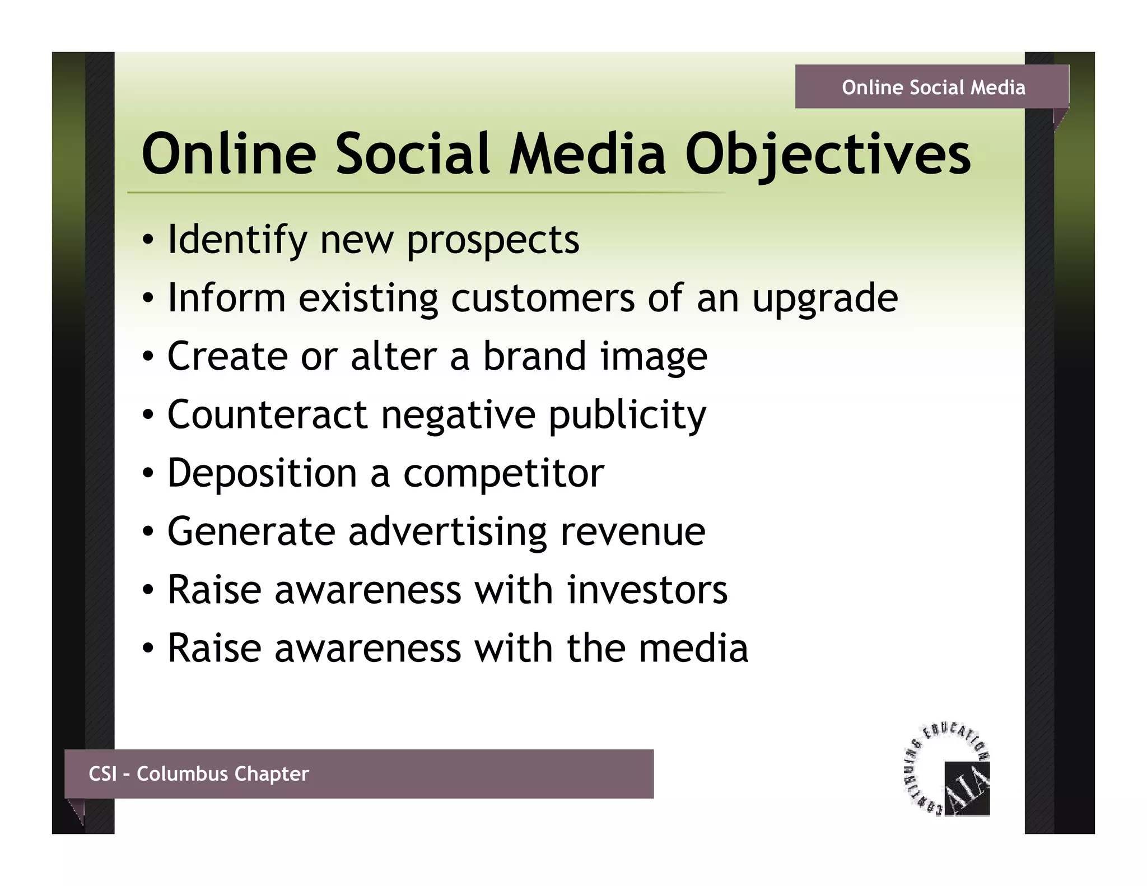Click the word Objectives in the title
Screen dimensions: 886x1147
coord(828,154)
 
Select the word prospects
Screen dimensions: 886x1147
coord(493,241)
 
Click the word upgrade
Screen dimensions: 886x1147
coord(825,299)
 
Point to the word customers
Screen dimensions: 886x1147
coord(543,298)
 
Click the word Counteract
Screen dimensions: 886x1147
coord(267,415)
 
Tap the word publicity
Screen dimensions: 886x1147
coord(627,416)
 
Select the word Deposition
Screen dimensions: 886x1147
coord(262,473)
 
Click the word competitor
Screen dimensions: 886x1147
coord(503,474)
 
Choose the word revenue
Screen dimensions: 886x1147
coord(633,533)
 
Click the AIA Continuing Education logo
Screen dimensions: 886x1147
coord(948,770)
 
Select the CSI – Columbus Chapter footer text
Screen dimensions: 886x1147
coord(198,774)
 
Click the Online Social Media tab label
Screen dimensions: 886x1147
coord(933,87)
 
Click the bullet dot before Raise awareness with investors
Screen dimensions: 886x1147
coord(147,590)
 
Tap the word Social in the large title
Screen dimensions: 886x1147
coord(413,154)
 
